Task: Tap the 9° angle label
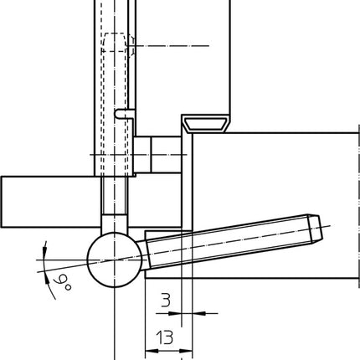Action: pyautogui.click(x=63, y=281)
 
